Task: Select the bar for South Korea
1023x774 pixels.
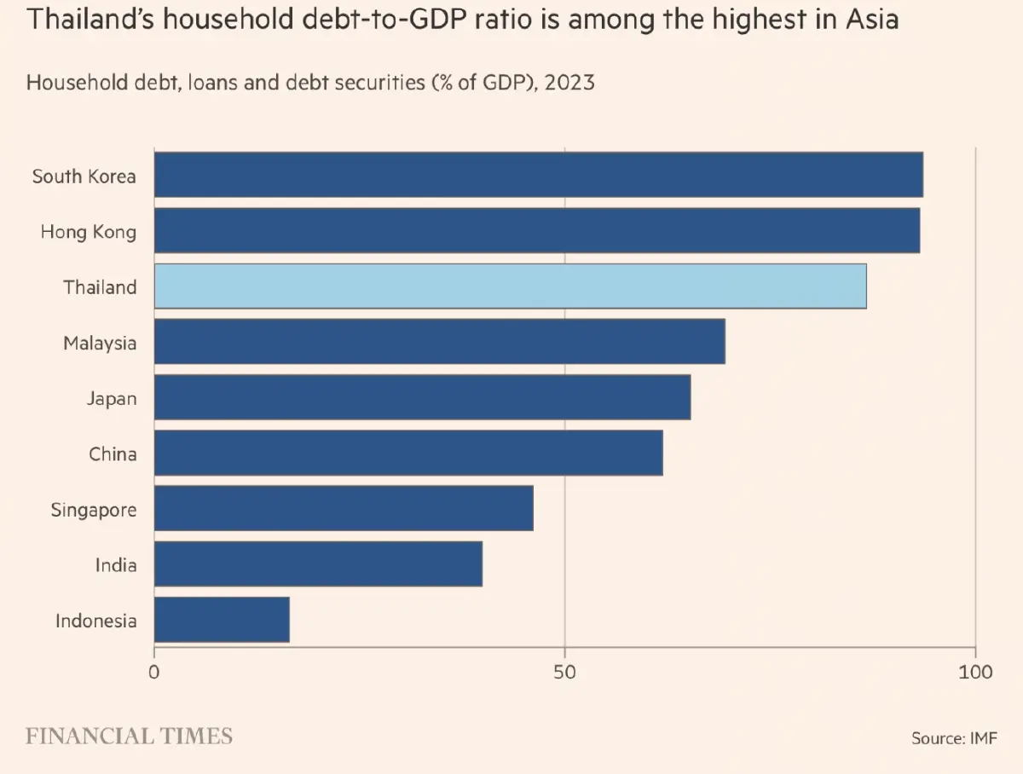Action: [538, 175]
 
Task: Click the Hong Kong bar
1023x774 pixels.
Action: [536, 230]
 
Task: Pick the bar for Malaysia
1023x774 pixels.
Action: [439, 342]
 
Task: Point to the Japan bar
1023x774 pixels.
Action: [422, 397]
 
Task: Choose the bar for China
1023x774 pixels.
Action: [408, 453]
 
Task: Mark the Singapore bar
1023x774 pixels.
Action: [344, 508]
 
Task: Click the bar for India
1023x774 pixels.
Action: [318, 563]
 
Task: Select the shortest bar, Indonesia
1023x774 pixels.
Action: [222, 620]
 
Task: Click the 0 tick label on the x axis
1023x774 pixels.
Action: [154, 672]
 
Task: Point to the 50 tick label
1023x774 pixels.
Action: [564, 672]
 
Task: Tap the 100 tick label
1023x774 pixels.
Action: [975, 672]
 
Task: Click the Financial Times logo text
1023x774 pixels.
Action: [129, 736]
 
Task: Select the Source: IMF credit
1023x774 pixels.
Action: [954, 738]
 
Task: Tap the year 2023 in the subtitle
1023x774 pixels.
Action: [569, 83]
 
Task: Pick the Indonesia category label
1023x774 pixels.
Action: [95, 621]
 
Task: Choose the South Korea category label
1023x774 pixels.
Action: [84, 176]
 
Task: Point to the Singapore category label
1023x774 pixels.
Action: [93, 510]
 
